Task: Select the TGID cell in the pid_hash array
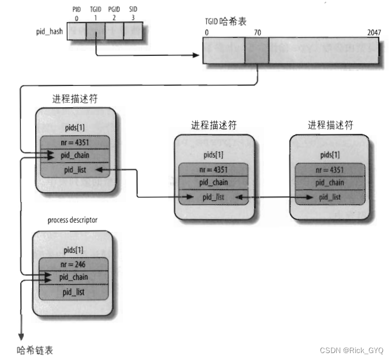click(x=95, y=32)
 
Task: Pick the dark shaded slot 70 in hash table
click(x=257, y=51)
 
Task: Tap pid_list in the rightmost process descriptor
click(x=330, y=197)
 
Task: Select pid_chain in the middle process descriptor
click(x=214, y=183)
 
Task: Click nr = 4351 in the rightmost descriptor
click(x=330, y=170)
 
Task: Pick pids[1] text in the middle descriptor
click(x=214, y=155)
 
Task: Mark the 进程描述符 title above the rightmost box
click(x=330, y=125)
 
